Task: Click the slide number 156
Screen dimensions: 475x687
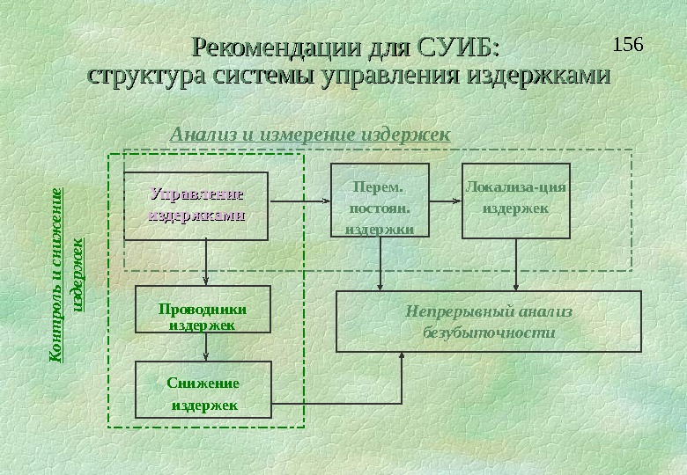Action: (x=628, y=43)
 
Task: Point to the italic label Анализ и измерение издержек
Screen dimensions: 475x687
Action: (x=309, y=135)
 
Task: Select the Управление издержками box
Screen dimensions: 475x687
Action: (x=196, y=206)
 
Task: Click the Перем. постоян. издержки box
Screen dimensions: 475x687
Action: (x=380, y=201)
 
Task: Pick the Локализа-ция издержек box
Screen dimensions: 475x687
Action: (x=516, y=201)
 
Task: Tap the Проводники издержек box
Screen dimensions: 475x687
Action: (x=202, y=309)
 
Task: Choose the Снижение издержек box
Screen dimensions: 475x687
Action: (x=203, y=389)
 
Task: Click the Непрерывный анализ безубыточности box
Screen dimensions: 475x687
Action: (x=489, y=322)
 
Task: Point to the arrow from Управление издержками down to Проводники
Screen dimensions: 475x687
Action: (x=206, y=263)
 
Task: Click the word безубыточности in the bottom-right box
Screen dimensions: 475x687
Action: (x=489, y=333)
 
